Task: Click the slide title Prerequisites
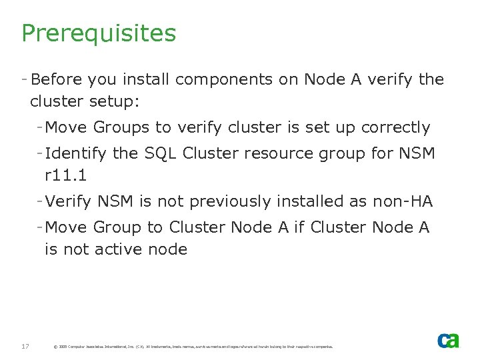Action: click(99, 33)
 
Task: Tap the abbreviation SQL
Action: click(161, 154)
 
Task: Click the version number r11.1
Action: click(67, 176)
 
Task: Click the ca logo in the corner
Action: click(448, 341)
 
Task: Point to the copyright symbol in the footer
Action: click(55, 347)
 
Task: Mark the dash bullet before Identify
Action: click(41, 154)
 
